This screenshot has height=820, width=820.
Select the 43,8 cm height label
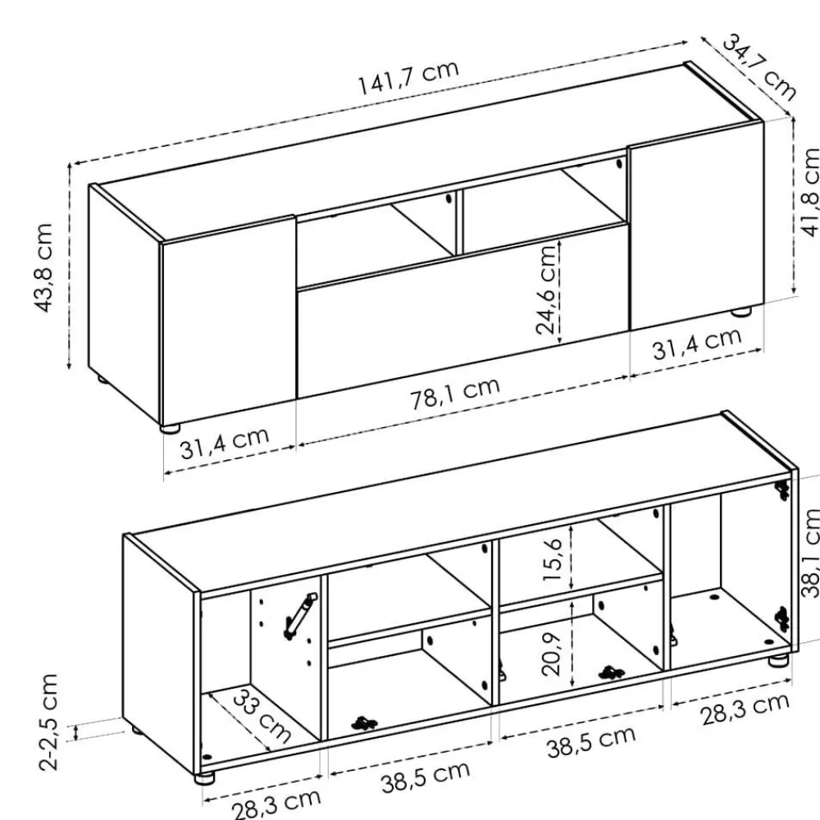tap(44, 268)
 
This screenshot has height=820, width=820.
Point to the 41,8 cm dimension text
tap(810, 192)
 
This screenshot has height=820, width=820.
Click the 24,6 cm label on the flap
tap(546, 289)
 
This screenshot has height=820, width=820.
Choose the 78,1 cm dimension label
tap(455, 393)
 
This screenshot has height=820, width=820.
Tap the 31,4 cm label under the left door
tap(225, 443)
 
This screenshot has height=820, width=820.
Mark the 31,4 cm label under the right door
tap(697, 343)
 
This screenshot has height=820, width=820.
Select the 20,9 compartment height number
tap(551, 654)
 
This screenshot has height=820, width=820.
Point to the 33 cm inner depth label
tap(261, 716)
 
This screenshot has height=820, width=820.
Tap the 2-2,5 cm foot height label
tap(48, 722)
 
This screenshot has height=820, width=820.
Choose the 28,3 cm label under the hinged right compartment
tap(745, 708)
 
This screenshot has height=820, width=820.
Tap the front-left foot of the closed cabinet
tap(170, 428)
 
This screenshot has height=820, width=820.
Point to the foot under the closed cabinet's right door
tap(741, 312)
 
